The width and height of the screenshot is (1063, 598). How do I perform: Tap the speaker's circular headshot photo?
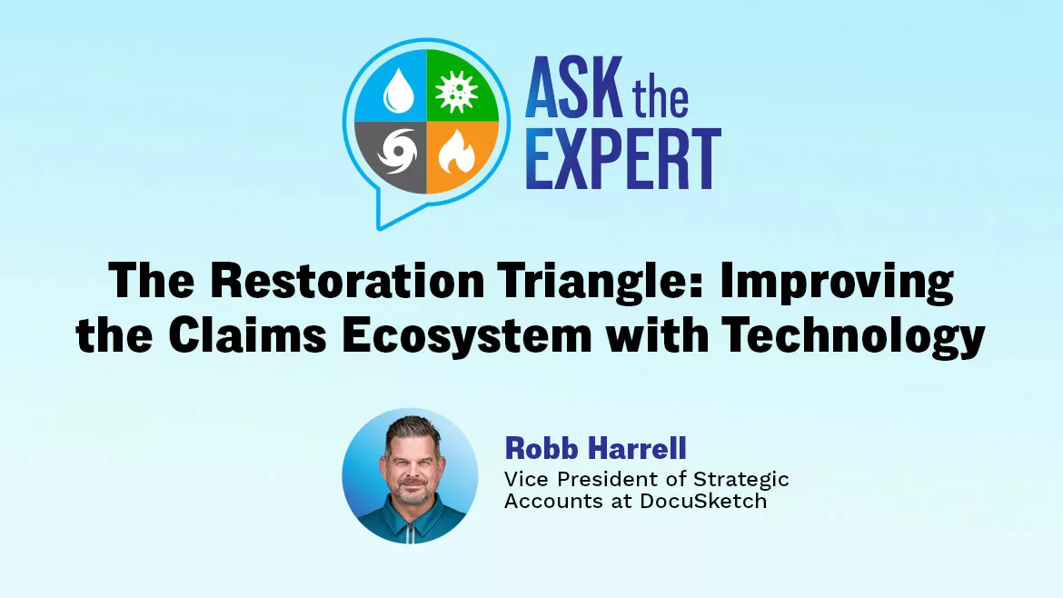[410, 474]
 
